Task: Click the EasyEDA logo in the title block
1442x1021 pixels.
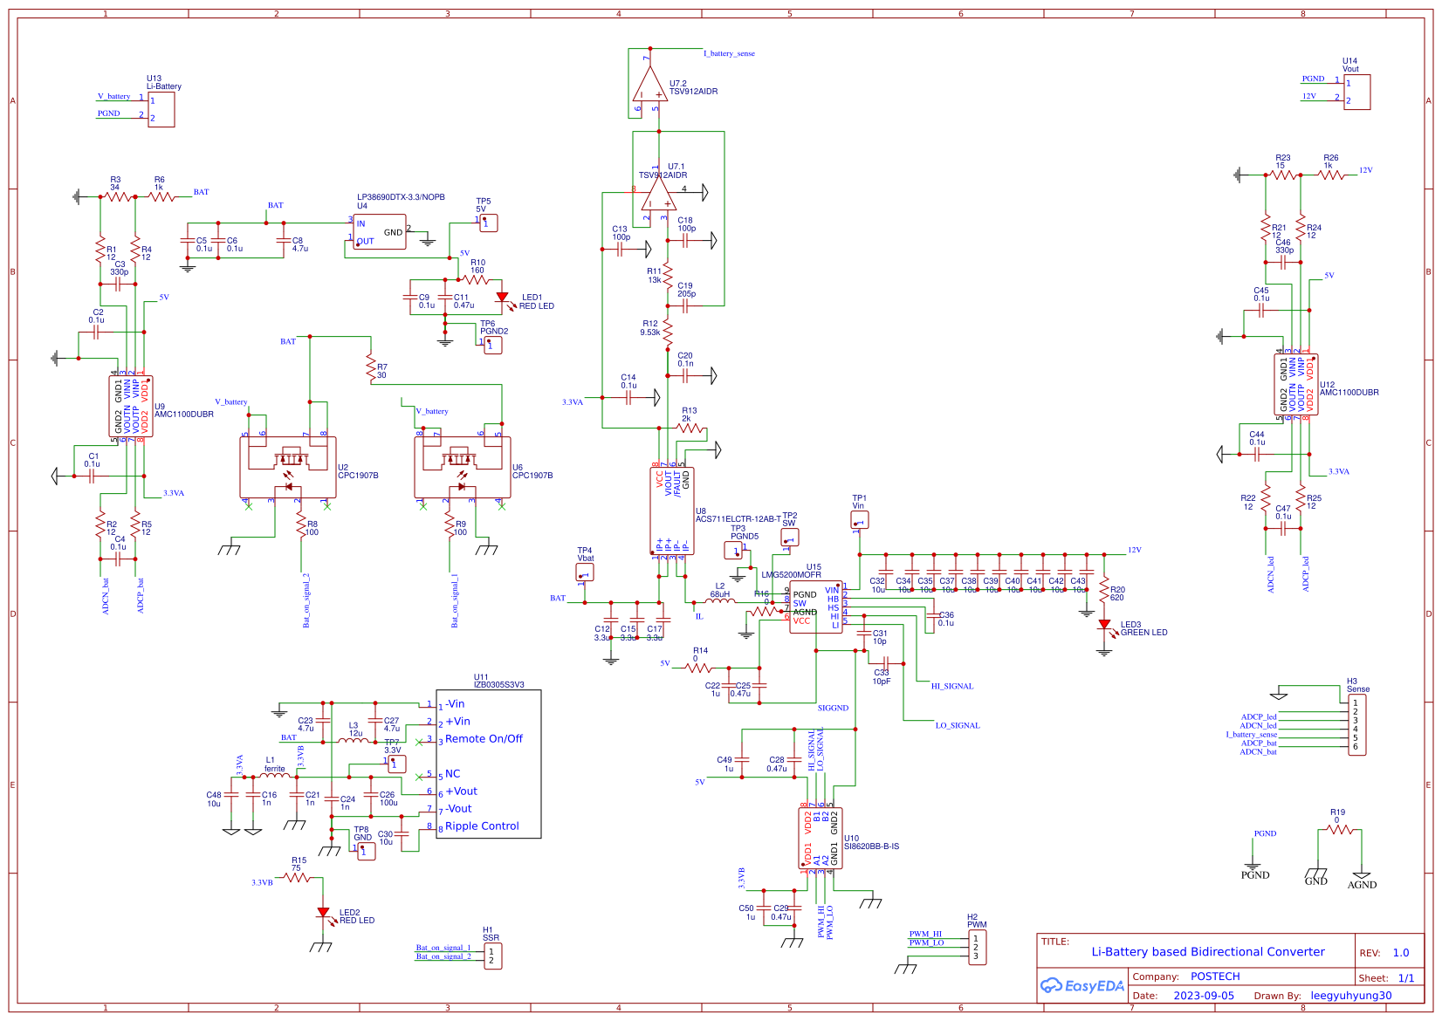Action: click(1081, 986)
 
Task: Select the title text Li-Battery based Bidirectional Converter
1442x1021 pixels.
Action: click(1207, 952)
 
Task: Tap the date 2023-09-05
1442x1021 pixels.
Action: click(1204, 996)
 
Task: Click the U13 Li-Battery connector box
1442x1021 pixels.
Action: click(161, 109)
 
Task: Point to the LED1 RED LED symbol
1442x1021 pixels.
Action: click(502, 298)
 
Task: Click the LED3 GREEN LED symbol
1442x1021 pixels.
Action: click(1104, 625)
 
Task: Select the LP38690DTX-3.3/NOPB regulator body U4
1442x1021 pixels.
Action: click(380, 232)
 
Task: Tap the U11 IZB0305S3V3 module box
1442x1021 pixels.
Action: click(488, 764)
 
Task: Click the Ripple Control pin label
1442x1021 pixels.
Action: click(482, 826)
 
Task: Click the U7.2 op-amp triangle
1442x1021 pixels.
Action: click(650, 86)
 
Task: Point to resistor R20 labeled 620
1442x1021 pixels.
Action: click(1104, 591)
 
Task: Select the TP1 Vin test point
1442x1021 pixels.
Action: click(859, 521)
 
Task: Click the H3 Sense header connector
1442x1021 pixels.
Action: click(1356, 725)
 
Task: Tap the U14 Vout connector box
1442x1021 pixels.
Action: click(1356, 93)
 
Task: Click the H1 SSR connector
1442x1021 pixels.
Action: click(491, 956)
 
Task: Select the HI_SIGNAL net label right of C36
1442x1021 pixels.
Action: click(951, 687)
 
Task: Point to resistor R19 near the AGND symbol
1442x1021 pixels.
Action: click(1338, 829)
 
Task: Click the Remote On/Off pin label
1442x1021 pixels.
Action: click(484, 739)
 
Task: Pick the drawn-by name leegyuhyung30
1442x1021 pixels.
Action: click(1350, 996)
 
